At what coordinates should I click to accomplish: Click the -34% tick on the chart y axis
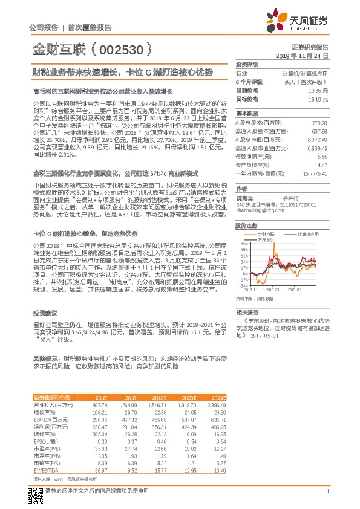243,286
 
